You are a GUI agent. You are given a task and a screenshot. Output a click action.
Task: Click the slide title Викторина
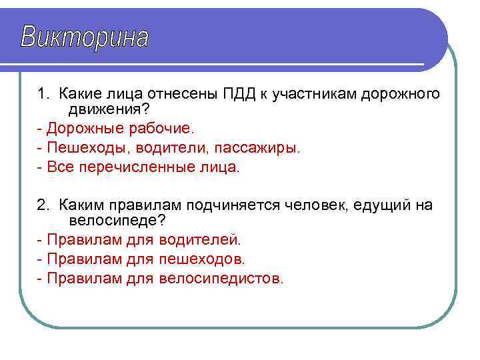(85, 37)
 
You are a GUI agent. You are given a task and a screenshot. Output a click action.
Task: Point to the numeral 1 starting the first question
(41, 93)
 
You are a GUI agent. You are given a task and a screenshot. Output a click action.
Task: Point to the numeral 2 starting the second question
(41, 205)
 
